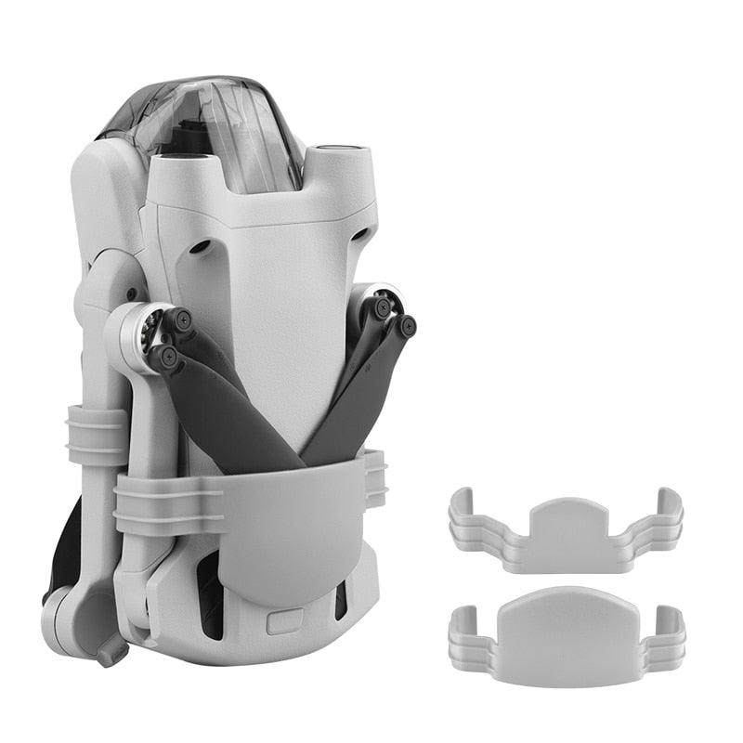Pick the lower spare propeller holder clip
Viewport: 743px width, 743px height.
(567, 632)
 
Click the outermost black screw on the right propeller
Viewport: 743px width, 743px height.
(407, 325)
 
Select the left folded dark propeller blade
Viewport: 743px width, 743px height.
(223, 409)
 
